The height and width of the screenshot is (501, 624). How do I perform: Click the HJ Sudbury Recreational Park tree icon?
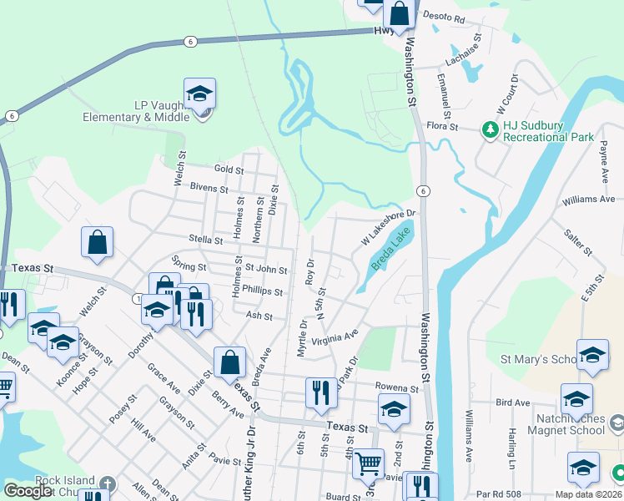pos(489,129)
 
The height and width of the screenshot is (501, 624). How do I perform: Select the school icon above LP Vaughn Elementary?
pos(200,94)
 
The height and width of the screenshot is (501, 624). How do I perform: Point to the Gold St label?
pos(228,170)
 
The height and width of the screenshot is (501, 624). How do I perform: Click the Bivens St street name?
pos(209,189)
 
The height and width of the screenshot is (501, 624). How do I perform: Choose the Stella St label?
pos(205,240)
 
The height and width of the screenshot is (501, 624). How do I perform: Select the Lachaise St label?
pos(465,50)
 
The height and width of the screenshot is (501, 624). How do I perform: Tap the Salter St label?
pos(577,243)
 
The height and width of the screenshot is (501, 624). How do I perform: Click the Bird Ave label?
pos(512,402)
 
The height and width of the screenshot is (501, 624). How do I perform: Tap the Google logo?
pos(28,491)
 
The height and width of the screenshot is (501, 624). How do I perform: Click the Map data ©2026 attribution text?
pos(587,494)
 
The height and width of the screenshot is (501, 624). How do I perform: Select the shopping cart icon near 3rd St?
pos(368,463)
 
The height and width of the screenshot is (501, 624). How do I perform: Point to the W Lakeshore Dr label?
pos(388,227)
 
